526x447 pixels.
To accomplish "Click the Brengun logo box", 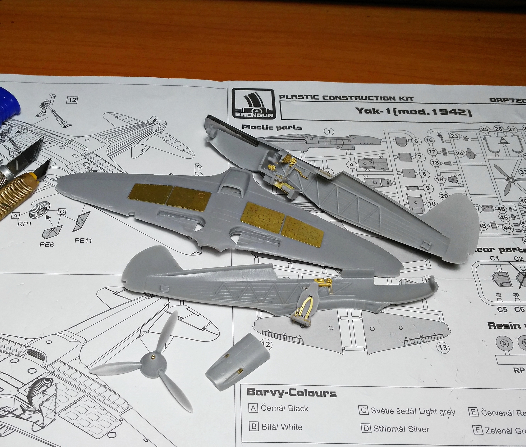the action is tap(253, 104).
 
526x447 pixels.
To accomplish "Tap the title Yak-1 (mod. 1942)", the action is tap(414, 111).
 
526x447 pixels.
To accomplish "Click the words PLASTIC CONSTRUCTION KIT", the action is tap(346, 98).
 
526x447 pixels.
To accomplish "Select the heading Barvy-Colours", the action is tap(291, 393).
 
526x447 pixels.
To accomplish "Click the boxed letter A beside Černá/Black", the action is tap(253, 408).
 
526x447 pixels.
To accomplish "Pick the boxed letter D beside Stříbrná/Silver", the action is tap(366, 429).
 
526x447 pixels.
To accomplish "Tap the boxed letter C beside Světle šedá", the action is tap(363, 410).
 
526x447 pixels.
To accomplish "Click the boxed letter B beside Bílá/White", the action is tap(254, 427).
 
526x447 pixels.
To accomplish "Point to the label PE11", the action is tap(83, 240).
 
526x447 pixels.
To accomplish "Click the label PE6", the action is tap(47, 245).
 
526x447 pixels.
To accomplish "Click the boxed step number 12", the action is tap(72, 100).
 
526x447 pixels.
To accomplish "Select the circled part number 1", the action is tap(329, 132).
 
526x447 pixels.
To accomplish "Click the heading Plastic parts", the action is tap(272, 127).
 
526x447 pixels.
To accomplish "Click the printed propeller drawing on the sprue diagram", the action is tap(510, 179).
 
